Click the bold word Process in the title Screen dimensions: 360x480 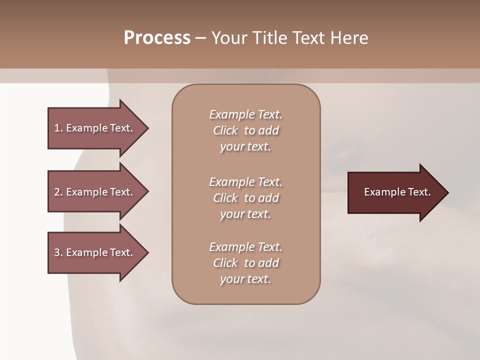[x=157, y=38]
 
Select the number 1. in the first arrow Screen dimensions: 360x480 [x=58, y=128]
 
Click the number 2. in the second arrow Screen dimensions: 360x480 [x=58, y=192]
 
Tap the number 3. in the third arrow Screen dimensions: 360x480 [x=58, y=252]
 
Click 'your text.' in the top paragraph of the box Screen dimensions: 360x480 [x=245, y=147]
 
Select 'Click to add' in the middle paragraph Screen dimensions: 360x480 [x=245, y=198]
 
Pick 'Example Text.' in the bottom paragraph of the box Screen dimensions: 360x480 [x=245, y=247]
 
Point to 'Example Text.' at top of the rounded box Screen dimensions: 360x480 [x=245, y=114]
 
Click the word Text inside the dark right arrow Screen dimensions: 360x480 [x=419, y=192]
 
